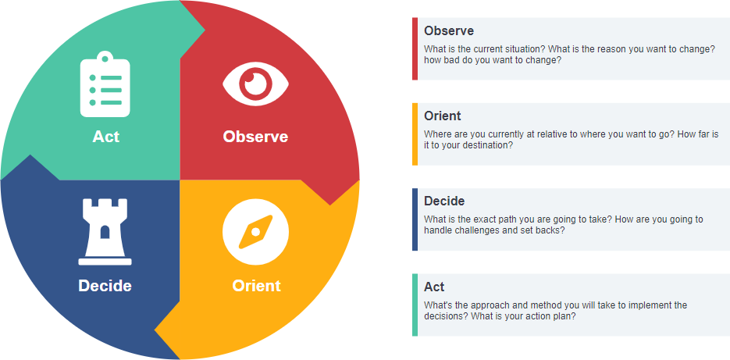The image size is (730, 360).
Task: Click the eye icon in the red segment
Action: (x=255, y=83)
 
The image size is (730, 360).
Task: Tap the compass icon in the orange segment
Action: (x=255, y=232)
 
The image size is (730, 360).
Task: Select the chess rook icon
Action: (x=105, y=231)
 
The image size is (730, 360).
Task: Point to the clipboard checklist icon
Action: (x=105, y=84)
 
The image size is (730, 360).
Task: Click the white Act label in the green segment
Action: (x=105, y=137)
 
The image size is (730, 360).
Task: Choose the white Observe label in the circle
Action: (x=255, y=137)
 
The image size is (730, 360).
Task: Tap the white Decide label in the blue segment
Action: (x=105, y=286)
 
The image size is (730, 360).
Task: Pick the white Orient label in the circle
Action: (x=256, y=286)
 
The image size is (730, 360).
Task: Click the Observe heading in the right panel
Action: (x=449, y=31)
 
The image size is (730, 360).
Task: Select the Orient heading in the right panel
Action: (x=443, y=116)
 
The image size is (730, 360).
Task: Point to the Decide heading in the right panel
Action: (x=444, y=201)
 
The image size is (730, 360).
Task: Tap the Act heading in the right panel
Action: (x=434, y=287)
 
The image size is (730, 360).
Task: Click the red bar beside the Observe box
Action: (x=415, y=48)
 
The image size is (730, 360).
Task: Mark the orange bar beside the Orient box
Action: (x=415, y=134)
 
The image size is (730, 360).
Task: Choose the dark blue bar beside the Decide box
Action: (x=415, y=219)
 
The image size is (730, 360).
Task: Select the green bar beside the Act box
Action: (x=415, y=305)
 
